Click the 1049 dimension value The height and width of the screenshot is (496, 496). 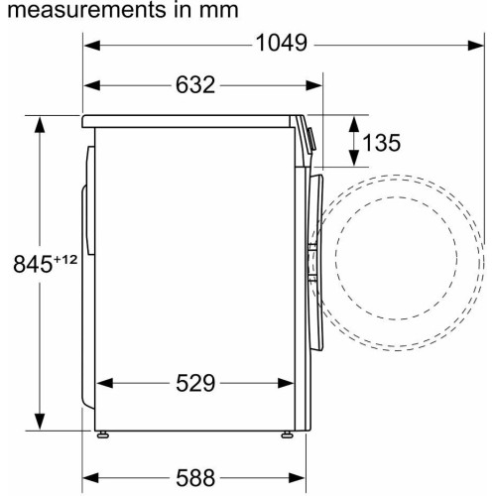pos(282,44)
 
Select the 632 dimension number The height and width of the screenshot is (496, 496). pos(195,84)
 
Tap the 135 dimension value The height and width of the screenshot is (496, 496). pos(382,143)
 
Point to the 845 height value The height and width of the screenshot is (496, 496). pos(33,264)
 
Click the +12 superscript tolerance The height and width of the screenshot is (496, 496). pos(65,259)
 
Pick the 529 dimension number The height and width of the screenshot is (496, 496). pos(195,383)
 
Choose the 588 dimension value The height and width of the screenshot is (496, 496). pos(195,478)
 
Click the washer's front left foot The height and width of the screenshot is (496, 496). pos(287,434)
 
